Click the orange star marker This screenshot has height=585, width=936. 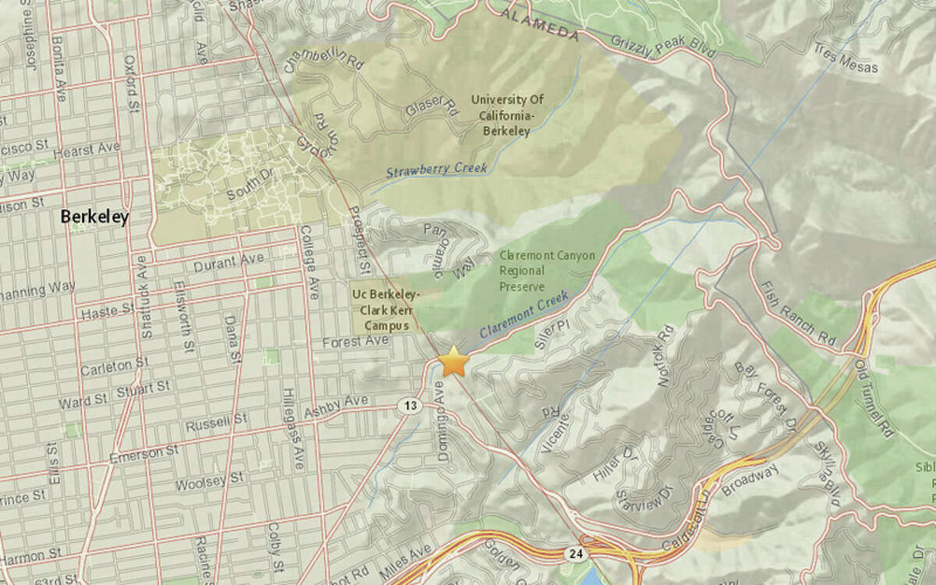453,362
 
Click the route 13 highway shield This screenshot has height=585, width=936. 409,406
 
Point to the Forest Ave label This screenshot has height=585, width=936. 366,342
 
